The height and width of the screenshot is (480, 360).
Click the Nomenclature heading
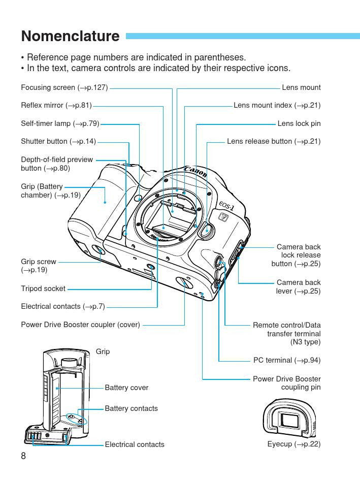tap(70, 37)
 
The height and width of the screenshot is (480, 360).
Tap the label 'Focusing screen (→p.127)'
tap(64, 87)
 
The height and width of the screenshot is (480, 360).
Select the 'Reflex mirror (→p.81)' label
tap(56, 106)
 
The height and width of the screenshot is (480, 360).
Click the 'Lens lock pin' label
tap(299, 123)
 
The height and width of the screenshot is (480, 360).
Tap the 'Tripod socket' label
tap(43, 289)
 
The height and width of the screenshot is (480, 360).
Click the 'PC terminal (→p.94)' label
tap(287, 360)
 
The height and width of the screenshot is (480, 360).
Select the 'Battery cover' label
tap(126, 388)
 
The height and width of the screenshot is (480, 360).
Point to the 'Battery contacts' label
tap(131, 408)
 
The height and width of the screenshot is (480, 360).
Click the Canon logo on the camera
tap(195, 171)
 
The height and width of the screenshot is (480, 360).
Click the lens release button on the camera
tap(206, 231)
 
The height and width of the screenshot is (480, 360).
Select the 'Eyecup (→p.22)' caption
tap(294, 444)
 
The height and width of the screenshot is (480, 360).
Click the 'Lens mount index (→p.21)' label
tap(277, 106)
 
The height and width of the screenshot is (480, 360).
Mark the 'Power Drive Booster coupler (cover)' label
tap(80, 324)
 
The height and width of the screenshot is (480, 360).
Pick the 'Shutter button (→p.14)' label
tap(58, 141)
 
